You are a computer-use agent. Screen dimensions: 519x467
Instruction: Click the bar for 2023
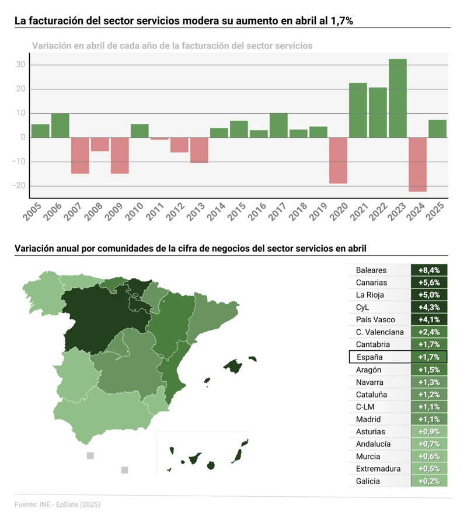[398, 98]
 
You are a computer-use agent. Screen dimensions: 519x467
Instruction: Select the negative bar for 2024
[417, 164]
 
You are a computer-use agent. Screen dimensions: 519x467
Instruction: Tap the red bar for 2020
[338, 160]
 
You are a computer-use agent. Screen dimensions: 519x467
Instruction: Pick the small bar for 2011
[159, 138]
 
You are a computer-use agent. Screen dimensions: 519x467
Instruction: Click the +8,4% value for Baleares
[429, 270]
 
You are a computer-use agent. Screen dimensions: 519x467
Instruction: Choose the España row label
[369, 357]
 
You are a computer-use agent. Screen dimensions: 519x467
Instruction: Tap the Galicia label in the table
[368, 482]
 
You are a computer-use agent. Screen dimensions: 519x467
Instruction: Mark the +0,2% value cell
[429, 482]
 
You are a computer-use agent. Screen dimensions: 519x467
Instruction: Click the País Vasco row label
[375, 320]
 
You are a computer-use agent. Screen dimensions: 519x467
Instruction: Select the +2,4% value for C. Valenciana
[429, 332]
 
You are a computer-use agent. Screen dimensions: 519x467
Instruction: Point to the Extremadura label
[378, 469]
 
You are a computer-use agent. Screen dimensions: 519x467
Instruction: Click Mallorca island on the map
[233, 367]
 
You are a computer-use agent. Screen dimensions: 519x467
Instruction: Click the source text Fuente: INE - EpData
[53, 504]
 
